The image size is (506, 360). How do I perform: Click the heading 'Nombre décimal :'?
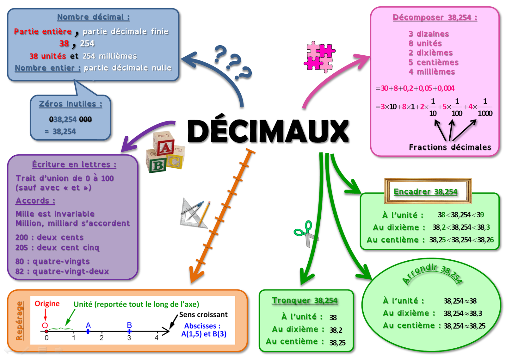click(93, 17)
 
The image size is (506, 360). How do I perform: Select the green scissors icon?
click(305, 233)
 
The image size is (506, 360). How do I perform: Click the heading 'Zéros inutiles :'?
click(71, 104)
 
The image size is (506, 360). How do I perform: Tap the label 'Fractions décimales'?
click(450, 147)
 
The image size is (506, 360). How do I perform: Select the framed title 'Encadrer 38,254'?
click(425, 192)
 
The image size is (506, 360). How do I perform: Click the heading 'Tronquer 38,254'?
click(305, 300)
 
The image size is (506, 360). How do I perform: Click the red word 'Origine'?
click(47, 304)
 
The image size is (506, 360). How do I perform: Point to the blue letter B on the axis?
click(129, 325)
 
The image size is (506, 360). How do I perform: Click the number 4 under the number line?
click(156, 338)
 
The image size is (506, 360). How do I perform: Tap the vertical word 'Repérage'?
click(20, 321)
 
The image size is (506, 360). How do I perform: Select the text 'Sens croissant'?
click(203, 314)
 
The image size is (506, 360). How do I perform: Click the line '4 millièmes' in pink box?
click(431, 72)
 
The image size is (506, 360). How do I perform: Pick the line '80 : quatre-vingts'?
click(52, 261)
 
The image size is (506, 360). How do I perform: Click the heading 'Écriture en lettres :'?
click(74, 164)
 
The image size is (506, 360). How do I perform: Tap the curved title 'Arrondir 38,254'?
click(432, 272)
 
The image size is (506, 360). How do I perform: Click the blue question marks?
click(232, 62)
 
